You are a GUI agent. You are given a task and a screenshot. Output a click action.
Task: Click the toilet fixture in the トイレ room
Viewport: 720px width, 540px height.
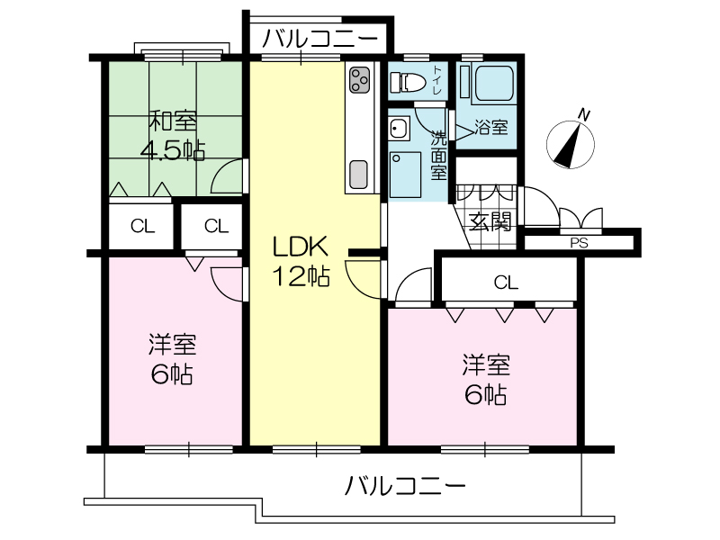(x=407, y=83)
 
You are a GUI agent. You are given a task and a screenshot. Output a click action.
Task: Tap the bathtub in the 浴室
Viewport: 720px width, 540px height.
(x=493, y=84)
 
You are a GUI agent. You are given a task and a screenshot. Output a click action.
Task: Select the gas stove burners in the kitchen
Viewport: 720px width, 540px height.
(x=359, y=80)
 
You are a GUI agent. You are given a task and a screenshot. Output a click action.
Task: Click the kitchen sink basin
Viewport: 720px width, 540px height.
(x=358, y=175)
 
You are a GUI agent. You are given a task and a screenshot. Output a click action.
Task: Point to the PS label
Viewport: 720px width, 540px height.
(x=579, y=243)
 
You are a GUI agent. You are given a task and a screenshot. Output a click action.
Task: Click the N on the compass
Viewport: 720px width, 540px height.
(x=583, y=115)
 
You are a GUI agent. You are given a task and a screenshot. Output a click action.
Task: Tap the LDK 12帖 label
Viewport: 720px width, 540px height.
(x=301, y=261)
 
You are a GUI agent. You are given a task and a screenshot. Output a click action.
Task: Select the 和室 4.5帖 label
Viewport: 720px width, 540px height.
(x=173, y=136)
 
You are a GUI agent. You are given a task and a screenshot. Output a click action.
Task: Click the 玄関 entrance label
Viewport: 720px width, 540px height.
(x=490, y=222)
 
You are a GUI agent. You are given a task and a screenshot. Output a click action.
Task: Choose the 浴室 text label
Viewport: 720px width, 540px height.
(x=491, y=127)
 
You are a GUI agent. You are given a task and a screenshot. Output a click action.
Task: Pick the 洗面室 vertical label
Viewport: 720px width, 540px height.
(x=438, y=155)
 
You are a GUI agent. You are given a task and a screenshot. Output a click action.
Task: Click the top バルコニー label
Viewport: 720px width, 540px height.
(x=320, y=39)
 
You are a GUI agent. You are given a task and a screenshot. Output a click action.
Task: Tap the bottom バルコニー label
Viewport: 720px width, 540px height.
(x=406, y=485)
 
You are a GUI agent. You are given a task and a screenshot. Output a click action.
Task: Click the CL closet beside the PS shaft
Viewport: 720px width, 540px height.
(x=506, y=283)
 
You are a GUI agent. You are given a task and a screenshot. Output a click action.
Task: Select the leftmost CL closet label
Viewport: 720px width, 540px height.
(x=143, y=226)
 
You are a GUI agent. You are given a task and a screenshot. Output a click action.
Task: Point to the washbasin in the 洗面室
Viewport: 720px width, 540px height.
(x=400, y=129)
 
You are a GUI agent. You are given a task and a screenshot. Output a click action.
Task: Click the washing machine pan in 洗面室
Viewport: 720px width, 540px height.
(x=405, y=175)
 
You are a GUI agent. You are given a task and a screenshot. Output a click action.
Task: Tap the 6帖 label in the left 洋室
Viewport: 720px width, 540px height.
(x=172, y=374)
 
